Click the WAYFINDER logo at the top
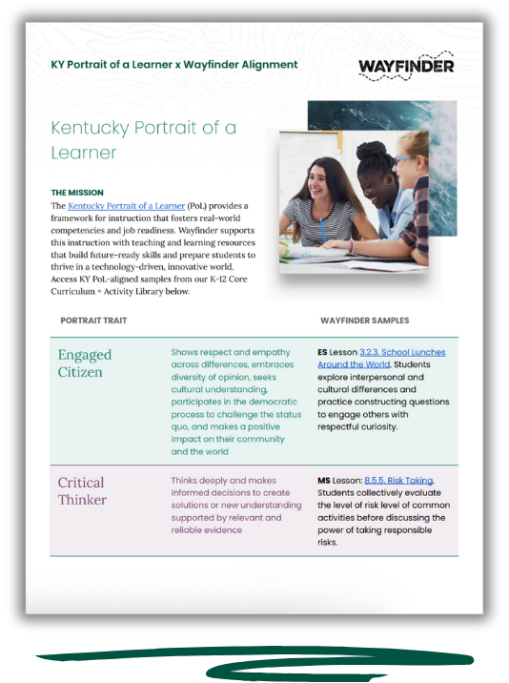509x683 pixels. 406,66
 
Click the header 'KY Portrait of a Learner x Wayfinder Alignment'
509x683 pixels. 173,65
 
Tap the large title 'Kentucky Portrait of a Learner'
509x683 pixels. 143,139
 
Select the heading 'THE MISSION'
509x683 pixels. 77,192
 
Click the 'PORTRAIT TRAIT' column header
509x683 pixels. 93,321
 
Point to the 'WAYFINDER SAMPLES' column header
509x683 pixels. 365,321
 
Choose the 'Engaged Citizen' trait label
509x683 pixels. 86,362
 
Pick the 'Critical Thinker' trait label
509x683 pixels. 82,490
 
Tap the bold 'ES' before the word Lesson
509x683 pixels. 323,353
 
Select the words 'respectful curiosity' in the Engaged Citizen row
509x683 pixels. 358,426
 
